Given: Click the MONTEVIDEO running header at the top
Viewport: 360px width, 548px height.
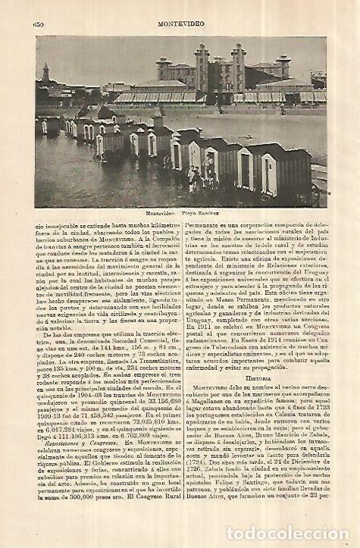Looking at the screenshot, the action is coord(180,23).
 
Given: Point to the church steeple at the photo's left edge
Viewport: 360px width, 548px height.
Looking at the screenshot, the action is coord(45,73).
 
